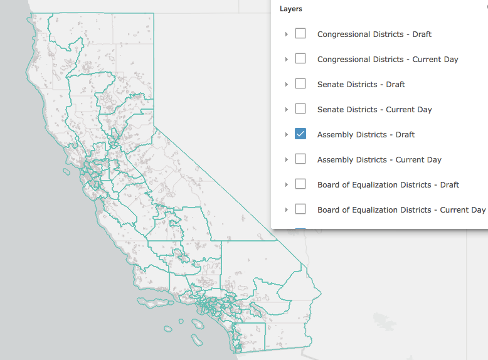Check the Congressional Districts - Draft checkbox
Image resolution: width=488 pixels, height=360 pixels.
click(300, 33)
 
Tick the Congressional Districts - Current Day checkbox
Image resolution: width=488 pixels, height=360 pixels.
click(300, 58)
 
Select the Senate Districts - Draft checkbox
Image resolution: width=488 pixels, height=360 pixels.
click(300, 83)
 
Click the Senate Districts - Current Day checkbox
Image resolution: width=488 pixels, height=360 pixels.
click(300, 109)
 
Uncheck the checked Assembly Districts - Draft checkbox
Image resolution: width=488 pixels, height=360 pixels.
click(300, 134)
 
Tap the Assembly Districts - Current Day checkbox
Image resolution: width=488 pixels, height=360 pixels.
click(300, 159)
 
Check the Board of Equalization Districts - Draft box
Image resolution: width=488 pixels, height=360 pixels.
click(300, 184)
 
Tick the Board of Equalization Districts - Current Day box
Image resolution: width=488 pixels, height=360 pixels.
click(300, 209)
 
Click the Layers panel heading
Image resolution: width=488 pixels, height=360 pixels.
click(290, 9)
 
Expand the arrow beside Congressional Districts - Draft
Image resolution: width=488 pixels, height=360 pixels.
click(287, 34)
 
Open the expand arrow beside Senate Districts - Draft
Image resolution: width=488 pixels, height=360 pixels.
click(287, 84)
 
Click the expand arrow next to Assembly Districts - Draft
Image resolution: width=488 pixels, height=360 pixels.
click(287, 134)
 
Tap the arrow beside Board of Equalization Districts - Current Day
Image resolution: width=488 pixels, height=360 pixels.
click(287, 209)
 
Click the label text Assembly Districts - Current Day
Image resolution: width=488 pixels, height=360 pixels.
click(379, 159)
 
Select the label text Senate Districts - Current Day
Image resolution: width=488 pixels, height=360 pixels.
click(374, 109)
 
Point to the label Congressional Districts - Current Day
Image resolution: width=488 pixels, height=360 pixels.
click(388, 59)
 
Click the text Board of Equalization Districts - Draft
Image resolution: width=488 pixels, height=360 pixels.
click(388, 184)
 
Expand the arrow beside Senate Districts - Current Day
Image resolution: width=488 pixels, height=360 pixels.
click(287, 109)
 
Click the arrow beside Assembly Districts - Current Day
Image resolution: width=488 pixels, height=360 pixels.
click(287, 159)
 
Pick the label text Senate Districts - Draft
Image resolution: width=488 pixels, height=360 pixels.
click(361, 84)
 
